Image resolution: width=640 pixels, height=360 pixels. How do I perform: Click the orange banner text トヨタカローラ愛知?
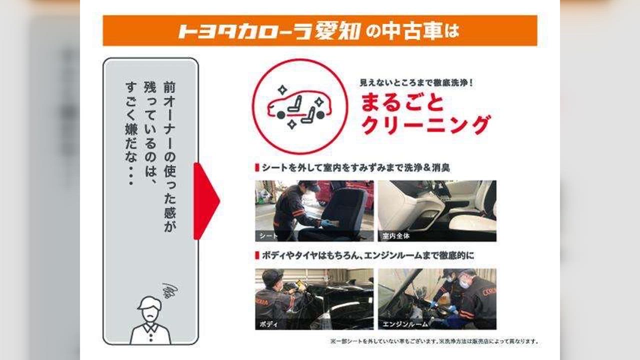point(269,31)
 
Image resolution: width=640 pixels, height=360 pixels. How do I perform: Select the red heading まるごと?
point(402,102)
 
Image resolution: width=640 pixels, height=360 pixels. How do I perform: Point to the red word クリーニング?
point(425,125)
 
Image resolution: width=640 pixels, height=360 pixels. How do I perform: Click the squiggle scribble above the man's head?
point(170,290)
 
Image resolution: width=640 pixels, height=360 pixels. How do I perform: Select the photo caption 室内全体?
point(396,236)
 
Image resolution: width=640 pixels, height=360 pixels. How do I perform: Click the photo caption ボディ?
point(268,324)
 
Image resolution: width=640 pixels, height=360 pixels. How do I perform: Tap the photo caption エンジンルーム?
point(405,324)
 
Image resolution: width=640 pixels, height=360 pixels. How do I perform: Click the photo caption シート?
point(268,236)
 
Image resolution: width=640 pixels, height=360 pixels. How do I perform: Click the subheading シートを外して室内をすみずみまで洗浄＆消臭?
point(355,167)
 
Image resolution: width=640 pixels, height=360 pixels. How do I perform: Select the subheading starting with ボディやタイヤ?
point(367,255)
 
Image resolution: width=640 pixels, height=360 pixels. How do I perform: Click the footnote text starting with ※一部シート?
point(434,341)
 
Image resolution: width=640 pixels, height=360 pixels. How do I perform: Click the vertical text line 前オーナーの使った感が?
point(169,156)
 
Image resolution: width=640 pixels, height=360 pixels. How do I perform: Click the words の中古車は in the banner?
point(412,31)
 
